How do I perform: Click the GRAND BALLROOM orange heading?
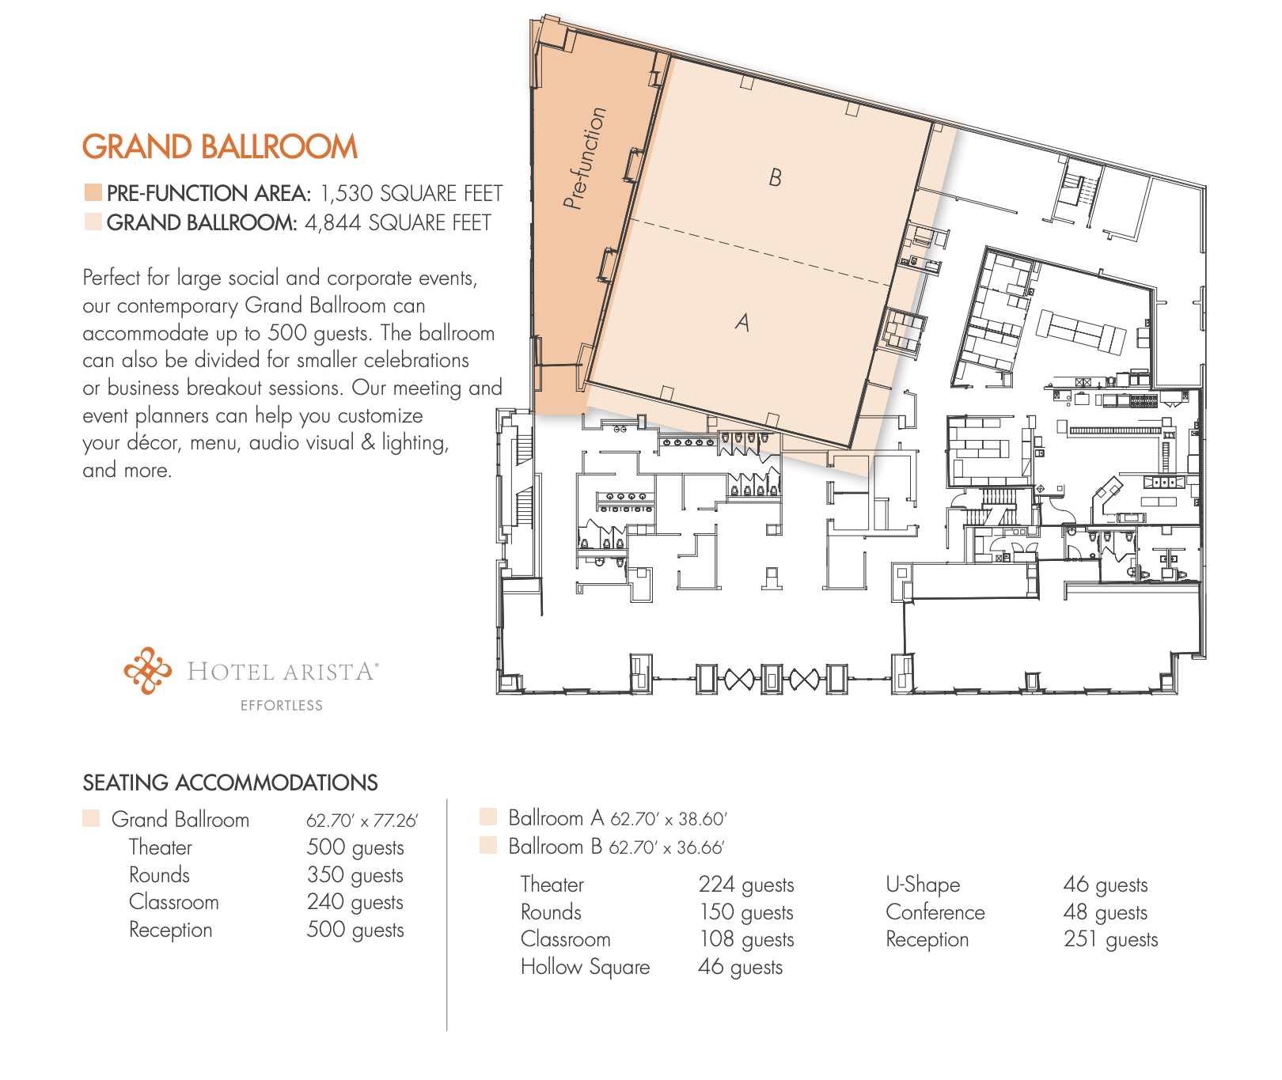220,147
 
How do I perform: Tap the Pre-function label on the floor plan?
584,158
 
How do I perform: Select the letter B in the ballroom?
776,177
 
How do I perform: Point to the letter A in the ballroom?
742,322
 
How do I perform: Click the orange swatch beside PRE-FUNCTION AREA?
93,192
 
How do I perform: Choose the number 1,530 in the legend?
346,194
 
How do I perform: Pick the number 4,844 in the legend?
332,223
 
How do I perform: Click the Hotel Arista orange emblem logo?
147,671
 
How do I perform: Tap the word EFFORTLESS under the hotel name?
282,706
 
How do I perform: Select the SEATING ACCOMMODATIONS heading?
230,783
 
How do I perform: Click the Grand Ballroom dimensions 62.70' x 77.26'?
362,820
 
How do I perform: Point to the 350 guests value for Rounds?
355,875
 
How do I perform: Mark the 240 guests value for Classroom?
355,903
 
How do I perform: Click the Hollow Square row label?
586,968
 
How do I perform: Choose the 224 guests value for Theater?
746,885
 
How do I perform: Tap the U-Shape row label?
923,885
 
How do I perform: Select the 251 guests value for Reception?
1111,940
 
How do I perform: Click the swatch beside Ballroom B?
488,846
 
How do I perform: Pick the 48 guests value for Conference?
1106,912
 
